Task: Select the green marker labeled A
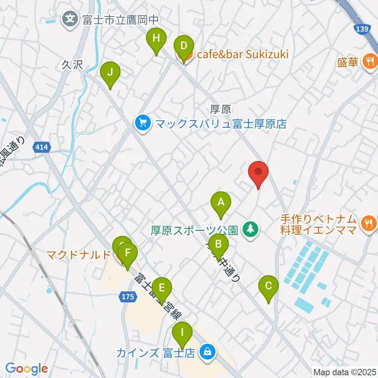click(x=221, y=203)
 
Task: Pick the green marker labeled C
click(x=269, y=286)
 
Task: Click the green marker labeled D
click(x=183, y=46)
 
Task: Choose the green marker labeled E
click(x=161, y=288)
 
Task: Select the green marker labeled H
click(x=156, y=39)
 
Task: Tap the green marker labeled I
click(x=182, y=333)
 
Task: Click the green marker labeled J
click(x=111, y=73)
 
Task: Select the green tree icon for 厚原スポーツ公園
click(x=250, y=228)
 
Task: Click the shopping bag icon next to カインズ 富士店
click(x=207, y=351)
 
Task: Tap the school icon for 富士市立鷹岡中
click(x=70, y=18)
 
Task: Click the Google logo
click(x=26, y=369)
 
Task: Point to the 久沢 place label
click(x=72, y=65)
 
